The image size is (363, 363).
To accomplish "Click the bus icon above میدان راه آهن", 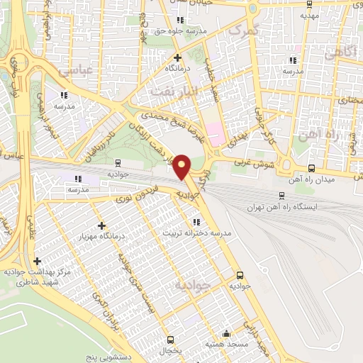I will [x=313, y=168].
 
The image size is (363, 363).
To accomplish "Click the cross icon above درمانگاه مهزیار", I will [x=102, y=225].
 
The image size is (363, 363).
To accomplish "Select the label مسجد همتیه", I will [x=225, y=344].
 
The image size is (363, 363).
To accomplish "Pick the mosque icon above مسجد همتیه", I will [x=225, y=333].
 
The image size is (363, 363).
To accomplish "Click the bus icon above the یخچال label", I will [x=170, y=340].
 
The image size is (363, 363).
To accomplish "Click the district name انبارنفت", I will [x=168, y=92].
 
